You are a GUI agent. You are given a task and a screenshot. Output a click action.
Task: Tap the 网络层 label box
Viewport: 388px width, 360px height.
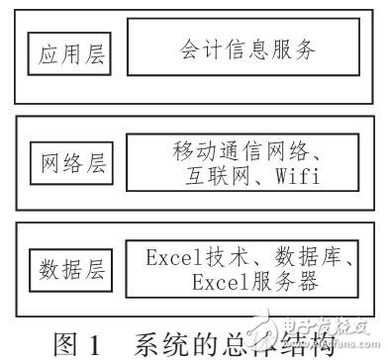70,160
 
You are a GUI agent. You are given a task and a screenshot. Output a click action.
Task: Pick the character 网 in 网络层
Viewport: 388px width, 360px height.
50,160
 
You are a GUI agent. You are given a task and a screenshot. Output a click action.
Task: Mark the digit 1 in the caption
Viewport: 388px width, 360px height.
96,331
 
